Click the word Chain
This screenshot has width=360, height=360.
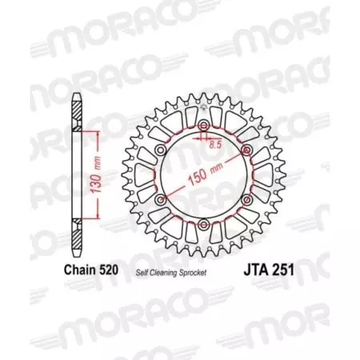[x=79, y=270]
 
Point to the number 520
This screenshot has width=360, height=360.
[x=107, y=270]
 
